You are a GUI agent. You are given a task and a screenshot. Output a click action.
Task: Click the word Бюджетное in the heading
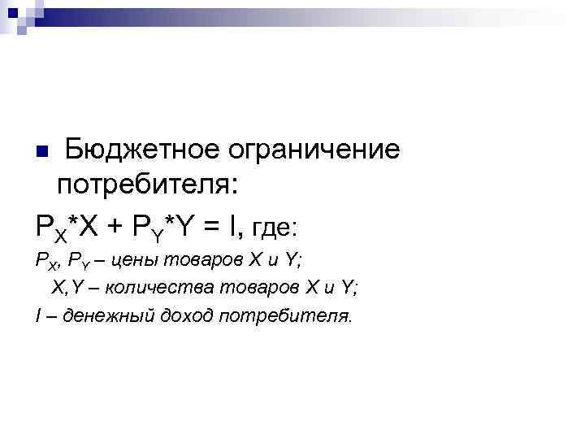139,150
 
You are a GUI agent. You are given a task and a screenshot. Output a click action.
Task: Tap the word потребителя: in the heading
147,185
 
